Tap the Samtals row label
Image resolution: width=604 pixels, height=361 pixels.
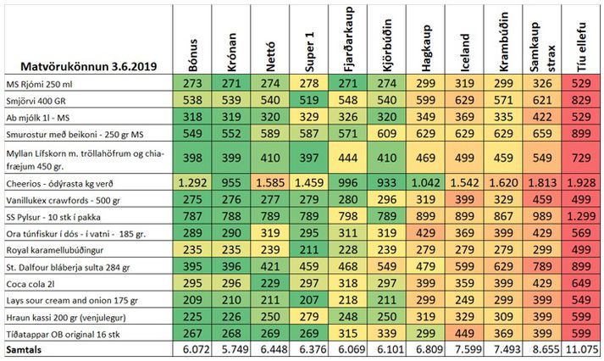(25, 349)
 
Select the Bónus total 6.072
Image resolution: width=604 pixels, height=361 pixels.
(192, 349)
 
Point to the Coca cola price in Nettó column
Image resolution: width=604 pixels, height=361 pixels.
(271, 283)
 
